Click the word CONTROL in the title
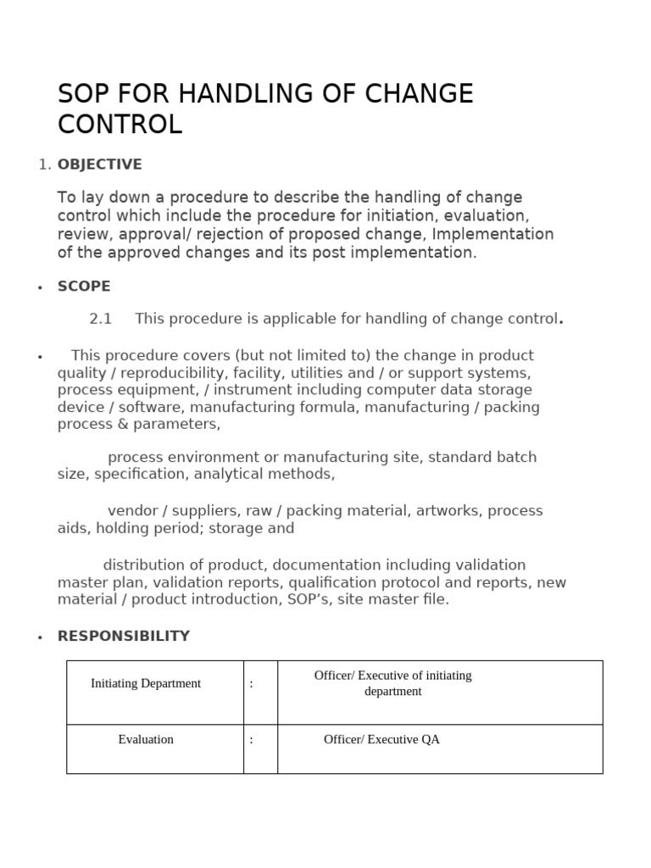tap(120, 125)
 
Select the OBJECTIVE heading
tap(99, 164)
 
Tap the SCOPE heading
tap(84, 287)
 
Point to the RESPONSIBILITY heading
tap(124, 636)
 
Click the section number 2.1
tap(101, 320)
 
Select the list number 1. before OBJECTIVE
tap(45, 164)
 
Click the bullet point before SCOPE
tap(40, 288)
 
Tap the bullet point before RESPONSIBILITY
tap(40, 637)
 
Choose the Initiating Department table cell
tap(146, 683)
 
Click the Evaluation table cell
tap(146, 739)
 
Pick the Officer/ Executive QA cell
tap(381, 739)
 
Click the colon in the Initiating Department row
tap(252, 683)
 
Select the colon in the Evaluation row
tap(252, 739)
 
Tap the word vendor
tap(132, 511)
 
